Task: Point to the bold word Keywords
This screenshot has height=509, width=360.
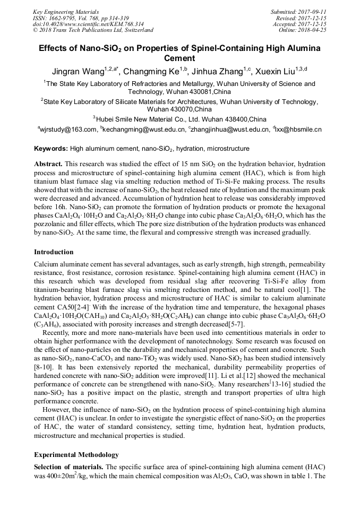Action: pos(50,149)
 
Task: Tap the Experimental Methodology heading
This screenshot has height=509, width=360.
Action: pos(76,455)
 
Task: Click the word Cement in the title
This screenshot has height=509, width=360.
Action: pos(180,58)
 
